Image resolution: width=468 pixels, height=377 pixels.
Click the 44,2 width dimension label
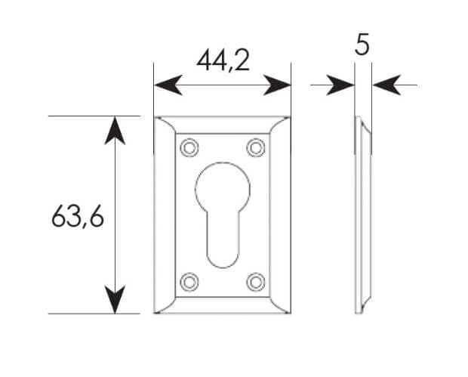[x=223, y=60]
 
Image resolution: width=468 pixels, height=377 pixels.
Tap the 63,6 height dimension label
[x=78, y=216]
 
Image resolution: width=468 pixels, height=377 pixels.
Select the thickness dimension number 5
[x=362, y=45]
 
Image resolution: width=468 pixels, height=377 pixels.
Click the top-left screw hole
[x=189, y=147]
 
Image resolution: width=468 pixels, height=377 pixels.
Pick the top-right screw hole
[x=256, y=147]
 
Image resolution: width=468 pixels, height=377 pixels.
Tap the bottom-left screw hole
[x=189, y=282]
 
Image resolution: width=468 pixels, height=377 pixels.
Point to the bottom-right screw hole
[x=256, y=282]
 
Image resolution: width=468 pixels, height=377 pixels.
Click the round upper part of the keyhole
[x=223, y=187]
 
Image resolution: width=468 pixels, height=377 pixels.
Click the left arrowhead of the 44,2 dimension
[x=168, y=85]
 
